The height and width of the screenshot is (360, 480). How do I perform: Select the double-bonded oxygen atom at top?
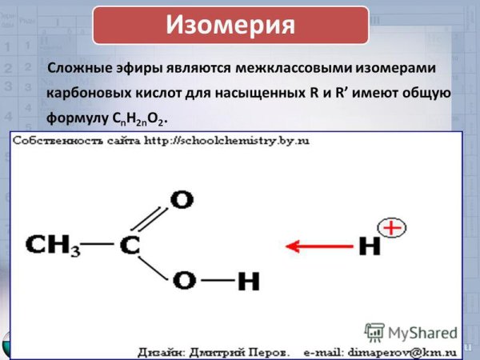pyautogui.click(x=182, y=199)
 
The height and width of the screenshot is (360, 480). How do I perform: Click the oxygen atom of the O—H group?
pyautogui.click(x=184, y=282)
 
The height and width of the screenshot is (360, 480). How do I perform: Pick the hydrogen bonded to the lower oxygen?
pyautogui.click(x=248, y=282)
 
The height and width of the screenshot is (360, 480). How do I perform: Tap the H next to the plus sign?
pyautogui.click(x=369, y=246)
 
